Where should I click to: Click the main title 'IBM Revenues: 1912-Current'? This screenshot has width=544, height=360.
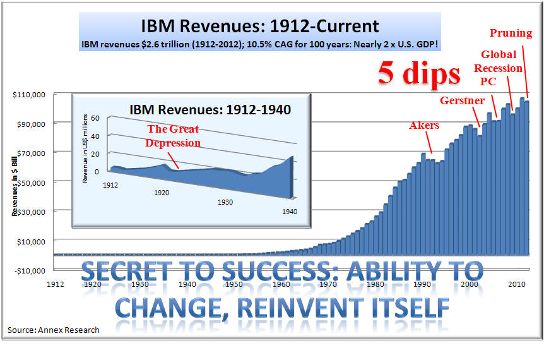[259, 27]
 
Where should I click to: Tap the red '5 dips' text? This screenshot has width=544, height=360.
[419, 74]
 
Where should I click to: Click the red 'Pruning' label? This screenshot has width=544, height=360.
[511, 32]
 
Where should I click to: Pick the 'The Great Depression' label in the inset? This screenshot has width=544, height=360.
[173, 136]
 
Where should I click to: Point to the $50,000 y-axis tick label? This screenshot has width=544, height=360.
[30, 182]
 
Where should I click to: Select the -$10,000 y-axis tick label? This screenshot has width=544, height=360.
[29, 270]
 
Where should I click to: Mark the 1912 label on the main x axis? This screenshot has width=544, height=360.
[56, 284]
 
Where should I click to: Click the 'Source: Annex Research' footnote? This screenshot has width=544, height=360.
[54, 330]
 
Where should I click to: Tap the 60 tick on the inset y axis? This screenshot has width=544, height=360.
[97, 118]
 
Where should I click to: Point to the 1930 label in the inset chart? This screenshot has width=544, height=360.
[225, 202]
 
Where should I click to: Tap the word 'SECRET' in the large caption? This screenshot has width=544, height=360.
[122, 272]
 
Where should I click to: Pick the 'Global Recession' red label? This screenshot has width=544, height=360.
[502, 61]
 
